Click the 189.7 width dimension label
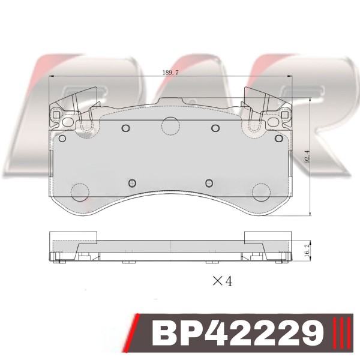(170, 73)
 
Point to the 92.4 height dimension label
(307, 157)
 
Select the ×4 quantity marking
(223, 281)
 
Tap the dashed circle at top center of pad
(170, 126)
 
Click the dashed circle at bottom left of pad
(80, 193)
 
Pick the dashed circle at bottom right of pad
(261, 193)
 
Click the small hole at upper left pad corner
(62, 139)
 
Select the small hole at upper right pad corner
(279, 139)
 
